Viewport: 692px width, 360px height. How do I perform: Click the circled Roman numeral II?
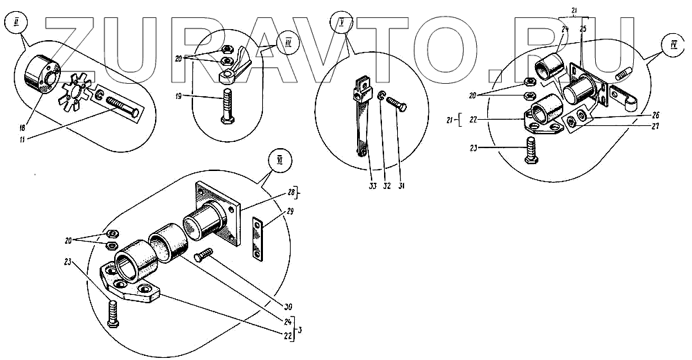coord(15,24)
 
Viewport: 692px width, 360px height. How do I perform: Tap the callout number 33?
coord(370,186)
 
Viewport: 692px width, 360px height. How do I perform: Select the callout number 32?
coord(385,186)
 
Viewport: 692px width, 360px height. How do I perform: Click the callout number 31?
coord(399,186)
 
